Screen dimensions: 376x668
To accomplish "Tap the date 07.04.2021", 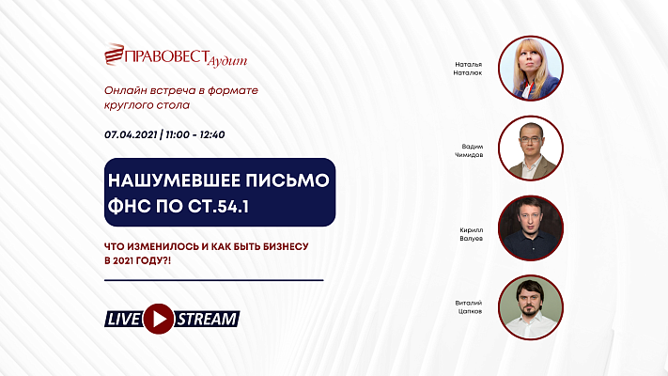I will point(132,134).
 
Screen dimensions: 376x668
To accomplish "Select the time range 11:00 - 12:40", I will point(194,134).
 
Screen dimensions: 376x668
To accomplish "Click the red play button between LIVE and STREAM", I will point(160,319).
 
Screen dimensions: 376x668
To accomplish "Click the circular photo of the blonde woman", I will point(531,68).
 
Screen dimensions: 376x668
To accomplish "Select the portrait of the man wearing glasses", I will point(531,148).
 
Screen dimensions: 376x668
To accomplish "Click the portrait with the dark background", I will point(531,227).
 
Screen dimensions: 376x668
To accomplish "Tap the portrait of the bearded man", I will point(531,306).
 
